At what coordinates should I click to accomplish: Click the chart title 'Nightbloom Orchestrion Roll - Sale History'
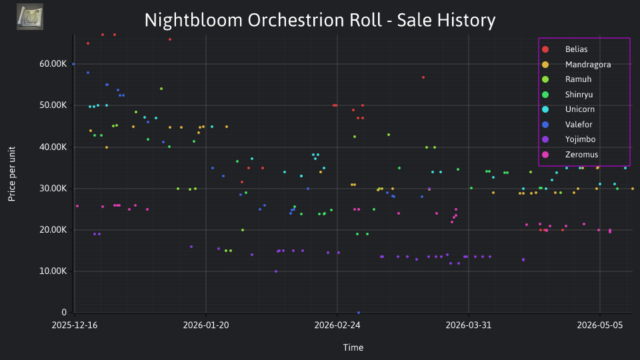tap(320, 20)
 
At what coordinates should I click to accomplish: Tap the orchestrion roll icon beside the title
tap(30, 17)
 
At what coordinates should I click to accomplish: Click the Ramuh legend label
tap(578, 79)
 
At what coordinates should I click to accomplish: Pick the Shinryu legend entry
tap(579, 94)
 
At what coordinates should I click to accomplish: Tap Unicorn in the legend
tap(579, 109)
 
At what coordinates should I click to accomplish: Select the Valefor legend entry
tap(579, 124)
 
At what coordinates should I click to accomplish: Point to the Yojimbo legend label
tap(580, 139)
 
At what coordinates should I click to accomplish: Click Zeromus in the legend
tap(581, 154)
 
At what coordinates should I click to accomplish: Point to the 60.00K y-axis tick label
tap(53, 64)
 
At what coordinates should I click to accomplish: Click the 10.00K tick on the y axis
tap(53, 271)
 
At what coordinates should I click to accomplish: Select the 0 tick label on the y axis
tap(64, 312)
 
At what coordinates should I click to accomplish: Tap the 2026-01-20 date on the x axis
tap(206, 325)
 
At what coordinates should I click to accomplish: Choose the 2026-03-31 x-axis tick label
tap(468, 325)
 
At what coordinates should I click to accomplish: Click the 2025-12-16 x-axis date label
tap(75, 325)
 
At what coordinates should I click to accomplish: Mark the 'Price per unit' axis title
tap(11, 174)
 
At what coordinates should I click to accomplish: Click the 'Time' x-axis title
tap(353, 347)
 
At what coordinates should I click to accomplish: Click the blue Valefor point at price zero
tap(359, 313)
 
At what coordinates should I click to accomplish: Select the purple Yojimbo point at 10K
tap(276, 271)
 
